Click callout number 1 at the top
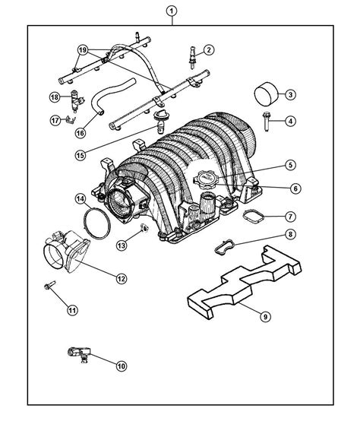click(172, 11)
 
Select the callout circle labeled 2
click(208, 50)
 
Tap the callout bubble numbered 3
click(289, 95)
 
